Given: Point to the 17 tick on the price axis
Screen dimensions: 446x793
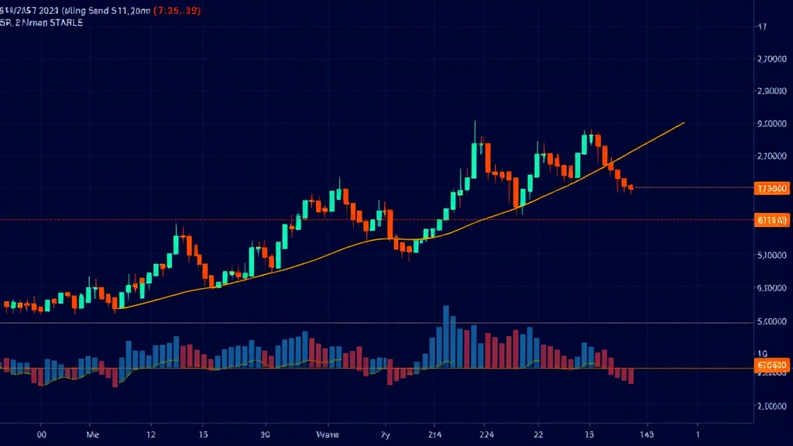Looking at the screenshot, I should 762,26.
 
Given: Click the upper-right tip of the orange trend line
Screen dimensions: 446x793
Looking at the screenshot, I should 684,122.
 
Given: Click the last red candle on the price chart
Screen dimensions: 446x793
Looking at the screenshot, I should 631,187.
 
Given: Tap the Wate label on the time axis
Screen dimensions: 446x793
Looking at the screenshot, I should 328,435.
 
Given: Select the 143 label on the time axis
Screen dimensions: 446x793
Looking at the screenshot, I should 647,435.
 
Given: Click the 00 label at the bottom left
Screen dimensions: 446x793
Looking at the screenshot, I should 43,435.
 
